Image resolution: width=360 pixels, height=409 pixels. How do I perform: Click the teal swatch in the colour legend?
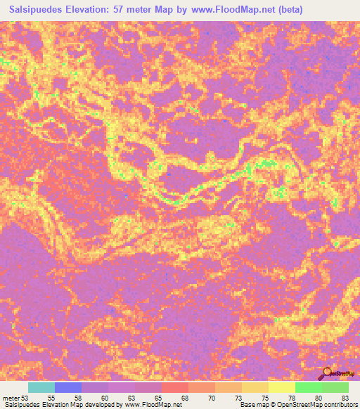[x=41, y=387]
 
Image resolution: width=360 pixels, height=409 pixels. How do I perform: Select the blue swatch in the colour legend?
[x=68, y=387]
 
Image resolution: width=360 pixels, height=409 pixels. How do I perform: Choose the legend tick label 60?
[x=103, y=398]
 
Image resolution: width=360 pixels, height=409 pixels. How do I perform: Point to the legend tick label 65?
[x=157, y=398]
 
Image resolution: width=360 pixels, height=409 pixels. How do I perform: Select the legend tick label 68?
[x=184, y=398]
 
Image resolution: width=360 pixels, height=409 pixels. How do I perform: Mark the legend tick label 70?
[x=211, y=398]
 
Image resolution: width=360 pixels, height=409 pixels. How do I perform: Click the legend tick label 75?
[x=264, y=398]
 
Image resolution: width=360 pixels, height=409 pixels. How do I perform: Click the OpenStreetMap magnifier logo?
[x=328, y=373]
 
